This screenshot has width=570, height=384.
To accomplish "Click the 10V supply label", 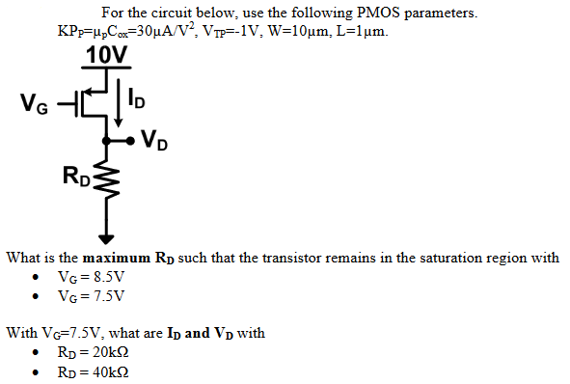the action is [106, 55].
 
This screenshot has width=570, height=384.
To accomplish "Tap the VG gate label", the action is [36, 101].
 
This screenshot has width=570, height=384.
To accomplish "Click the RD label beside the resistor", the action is [76, 176].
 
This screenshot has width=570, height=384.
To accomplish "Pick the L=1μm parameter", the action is [359, 32].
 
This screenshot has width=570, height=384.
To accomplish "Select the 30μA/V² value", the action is [151, 31].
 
